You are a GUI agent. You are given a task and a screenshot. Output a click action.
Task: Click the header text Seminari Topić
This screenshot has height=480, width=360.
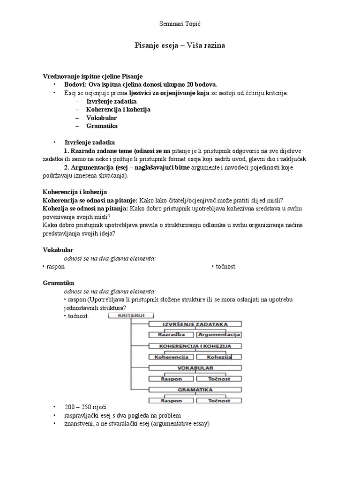[x=180, y=23]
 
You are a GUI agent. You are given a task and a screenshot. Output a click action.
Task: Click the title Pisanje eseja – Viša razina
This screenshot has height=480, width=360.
[x=180, y=45]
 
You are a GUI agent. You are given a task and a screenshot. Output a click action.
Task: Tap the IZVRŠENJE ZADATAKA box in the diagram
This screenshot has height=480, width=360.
[x=195, y=324]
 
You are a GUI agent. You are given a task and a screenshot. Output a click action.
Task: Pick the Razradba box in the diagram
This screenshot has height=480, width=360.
[x=171, y=335]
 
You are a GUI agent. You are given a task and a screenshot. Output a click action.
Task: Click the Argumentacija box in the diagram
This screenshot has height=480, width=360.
[x=219, y=335]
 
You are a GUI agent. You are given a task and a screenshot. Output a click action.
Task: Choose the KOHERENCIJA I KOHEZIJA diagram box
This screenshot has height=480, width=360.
[x=195, y=346]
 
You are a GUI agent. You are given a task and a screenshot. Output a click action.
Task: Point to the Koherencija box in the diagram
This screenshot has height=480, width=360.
[x=171, y=357]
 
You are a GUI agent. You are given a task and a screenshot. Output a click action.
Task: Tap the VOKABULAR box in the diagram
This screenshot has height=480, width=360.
[x=195, y=368]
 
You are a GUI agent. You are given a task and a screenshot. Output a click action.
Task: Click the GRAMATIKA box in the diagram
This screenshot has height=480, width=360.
[x=195, y=390]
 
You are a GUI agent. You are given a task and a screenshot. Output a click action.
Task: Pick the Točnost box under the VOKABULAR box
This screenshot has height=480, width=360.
[x=219, y=379]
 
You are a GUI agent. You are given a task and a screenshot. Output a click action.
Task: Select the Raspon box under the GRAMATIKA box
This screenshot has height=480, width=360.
[x=171, y=401]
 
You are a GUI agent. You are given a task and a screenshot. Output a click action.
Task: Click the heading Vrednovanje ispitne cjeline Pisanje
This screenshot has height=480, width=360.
[x=93, y=76]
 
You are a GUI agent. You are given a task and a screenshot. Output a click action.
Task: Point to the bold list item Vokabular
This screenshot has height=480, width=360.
[x=101, y=118]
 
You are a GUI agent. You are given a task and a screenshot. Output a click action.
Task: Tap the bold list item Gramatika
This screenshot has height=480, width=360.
[x=102, y=126]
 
